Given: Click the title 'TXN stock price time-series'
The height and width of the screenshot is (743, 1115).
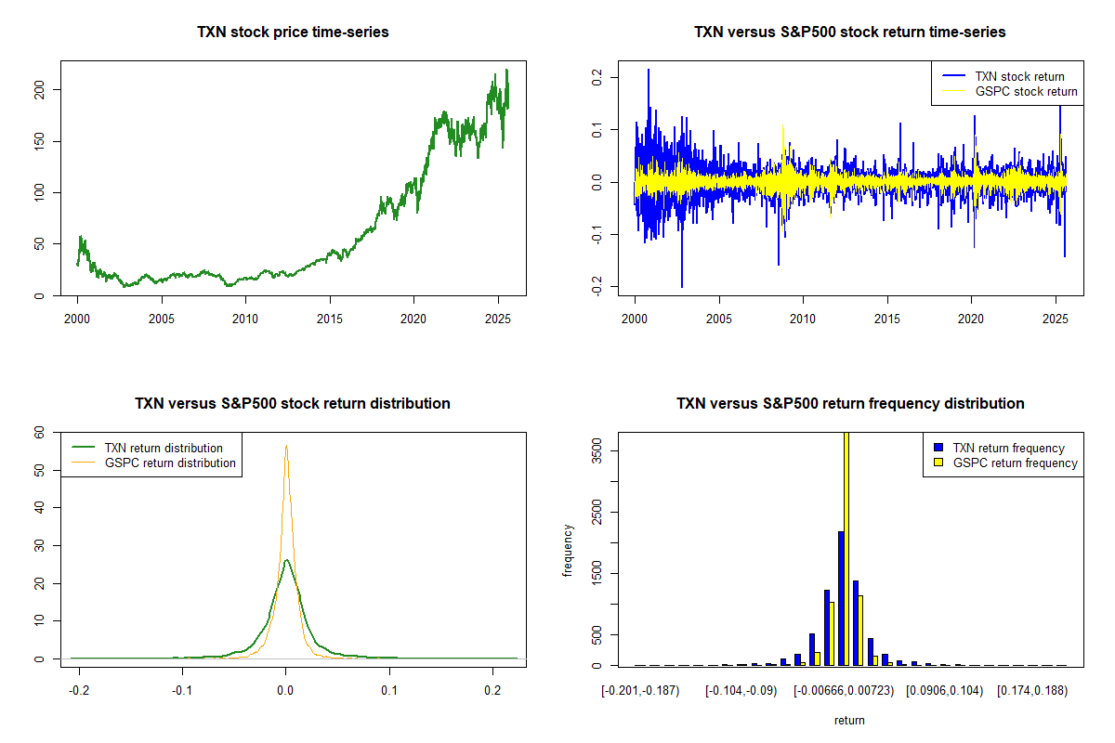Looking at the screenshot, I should [x=293, y=33].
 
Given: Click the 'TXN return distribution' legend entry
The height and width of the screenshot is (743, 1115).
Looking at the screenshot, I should [x=164, y=448].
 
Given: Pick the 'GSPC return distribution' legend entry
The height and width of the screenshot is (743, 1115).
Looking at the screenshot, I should [x=170, y=463].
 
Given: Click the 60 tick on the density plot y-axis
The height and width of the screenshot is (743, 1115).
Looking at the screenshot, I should [x=39, y=432].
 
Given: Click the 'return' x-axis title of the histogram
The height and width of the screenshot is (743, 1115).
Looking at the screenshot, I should [x=849, y=720].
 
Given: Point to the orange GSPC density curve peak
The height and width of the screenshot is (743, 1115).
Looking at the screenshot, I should [x=286, y=447].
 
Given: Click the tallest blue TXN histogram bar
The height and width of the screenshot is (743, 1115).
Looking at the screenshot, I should [x=841, y=598].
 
